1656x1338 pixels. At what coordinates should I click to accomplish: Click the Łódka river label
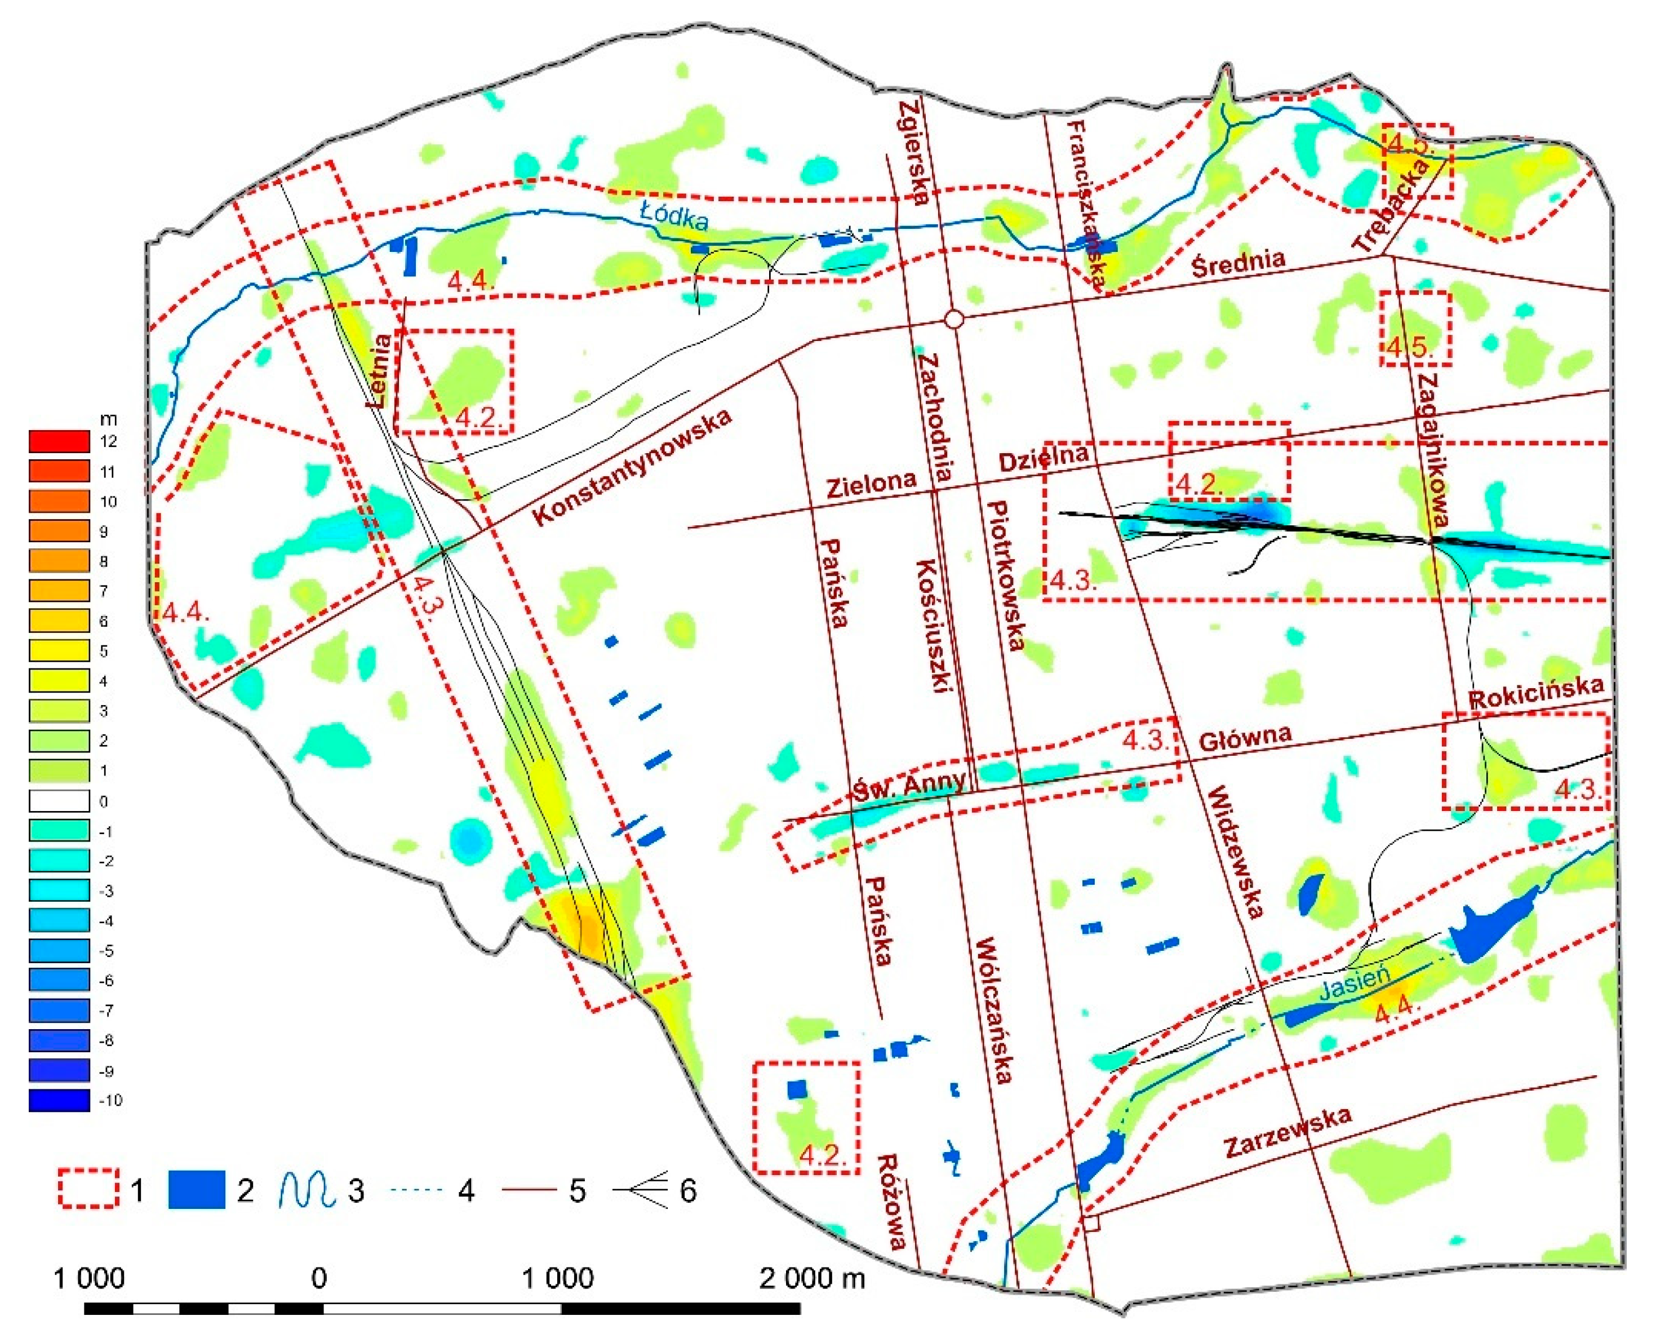coord(675,218)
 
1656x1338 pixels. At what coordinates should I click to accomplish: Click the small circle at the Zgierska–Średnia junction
coord(954,319)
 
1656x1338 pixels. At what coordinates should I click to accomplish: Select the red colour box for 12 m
coord(59,442)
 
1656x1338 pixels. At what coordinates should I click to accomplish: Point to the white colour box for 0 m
coord(59,801)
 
